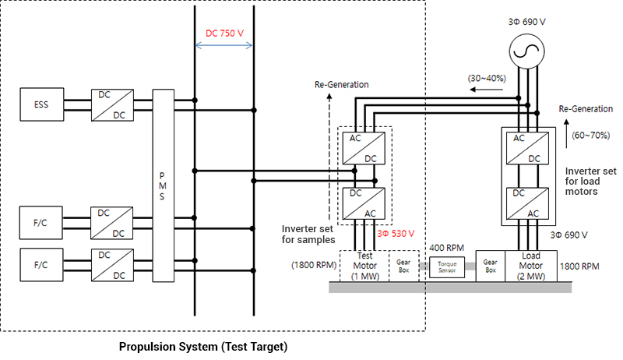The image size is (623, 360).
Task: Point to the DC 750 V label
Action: tap(224, 34)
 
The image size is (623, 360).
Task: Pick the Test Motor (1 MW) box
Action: tap(365, 265)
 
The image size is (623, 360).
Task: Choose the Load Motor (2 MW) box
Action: tap(530, 265)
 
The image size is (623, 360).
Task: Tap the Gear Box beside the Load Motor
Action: tap(491, 265)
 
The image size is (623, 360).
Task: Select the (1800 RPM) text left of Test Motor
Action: tap(314, 264)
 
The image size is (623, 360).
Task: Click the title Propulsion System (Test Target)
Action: tap(202, 346)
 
